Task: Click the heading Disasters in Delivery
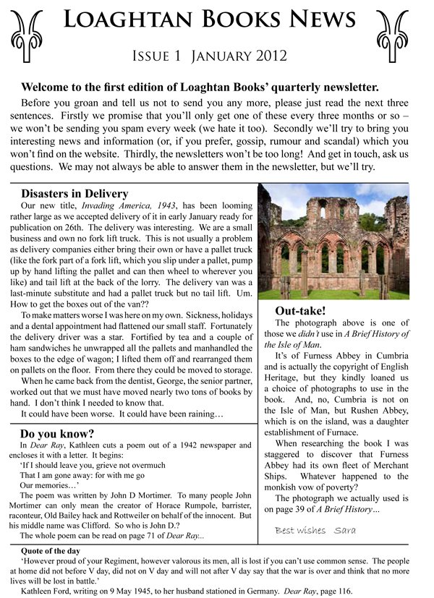[75, 194]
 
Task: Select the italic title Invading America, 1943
[144, 206]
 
